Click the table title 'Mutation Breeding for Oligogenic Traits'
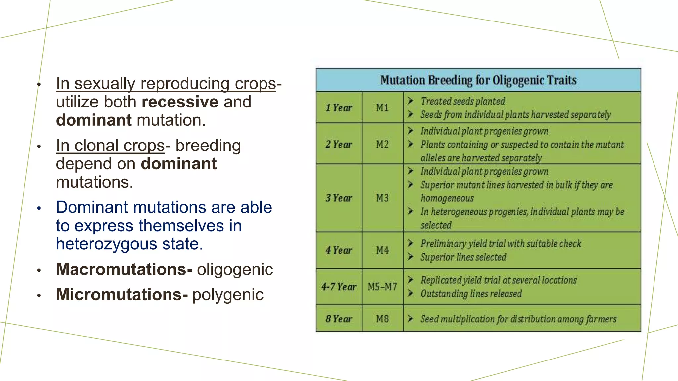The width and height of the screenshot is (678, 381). point(478,80)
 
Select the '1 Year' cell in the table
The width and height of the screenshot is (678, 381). point(339,108)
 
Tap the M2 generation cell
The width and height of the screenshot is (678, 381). point(382,144)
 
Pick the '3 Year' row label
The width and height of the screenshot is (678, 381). point(339,198)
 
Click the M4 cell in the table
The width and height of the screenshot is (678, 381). point(382,250)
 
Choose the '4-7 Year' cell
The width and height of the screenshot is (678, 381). point(339,287)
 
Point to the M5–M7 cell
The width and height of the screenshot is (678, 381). point(382,287)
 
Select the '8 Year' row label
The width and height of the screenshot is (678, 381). point(339,319)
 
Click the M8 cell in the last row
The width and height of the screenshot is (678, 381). point(382,319)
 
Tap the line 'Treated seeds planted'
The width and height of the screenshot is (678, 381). point(462,101)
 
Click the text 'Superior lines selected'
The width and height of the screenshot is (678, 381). point(463,257)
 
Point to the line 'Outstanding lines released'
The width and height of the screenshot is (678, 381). point(471,294)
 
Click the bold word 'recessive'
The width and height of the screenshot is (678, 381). point(180,102)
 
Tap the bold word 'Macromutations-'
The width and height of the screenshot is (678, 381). point(124,269)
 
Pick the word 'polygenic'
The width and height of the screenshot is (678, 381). point(228,295)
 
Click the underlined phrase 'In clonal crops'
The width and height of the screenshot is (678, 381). point(110,146)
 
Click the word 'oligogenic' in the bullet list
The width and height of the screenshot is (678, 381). point(235,269)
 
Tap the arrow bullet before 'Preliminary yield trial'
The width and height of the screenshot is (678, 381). point(411,243)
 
